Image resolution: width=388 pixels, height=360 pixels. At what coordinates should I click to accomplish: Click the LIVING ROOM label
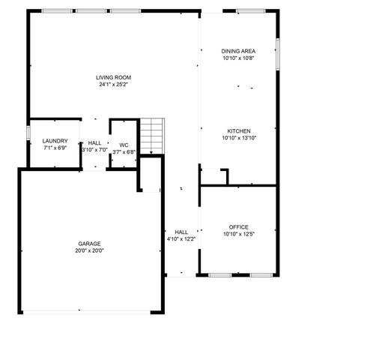(x=114, y=77)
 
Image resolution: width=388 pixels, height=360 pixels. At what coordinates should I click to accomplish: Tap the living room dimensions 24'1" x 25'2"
(x=114, y=84)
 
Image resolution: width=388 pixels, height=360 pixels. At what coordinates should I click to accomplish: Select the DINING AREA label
(x=238, y=50)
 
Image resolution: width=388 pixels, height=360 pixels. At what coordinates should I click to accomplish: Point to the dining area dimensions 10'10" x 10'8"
(x=238, y=58)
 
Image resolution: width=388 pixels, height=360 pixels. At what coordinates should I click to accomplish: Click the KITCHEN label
(x=238, y=130)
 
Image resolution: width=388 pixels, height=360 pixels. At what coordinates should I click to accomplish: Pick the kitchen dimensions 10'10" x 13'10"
(x=238, y=138)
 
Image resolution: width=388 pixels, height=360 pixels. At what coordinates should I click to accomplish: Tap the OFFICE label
(x=238, y=226)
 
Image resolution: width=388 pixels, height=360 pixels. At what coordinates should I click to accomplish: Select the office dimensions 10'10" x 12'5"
(x=238, y=234)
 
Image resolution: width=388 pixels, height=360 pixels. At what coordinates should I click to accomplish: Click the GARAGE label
(x=89, y=243)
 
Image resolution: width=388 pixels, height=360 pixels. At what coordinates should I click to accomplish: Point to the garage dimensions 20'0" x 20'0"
(x=89, y=250)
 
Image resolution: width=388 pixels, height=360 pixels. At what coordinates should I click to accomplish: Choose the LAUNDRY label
(x=55, y=141)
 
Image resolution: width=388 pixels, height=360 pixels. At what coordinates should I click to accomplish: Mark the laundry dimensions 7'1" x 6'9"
(x=55, y=148)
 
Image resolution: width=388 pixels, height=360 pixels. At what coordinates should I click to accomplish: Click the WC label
(x=124, y=145)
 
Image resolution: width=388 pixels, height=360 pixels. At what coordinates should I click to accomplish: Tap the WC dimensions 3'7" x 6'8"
(x=124, y=151)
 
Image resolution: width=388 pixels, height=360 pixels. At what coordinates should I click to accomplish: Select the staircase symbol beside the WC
(x=152, y=136)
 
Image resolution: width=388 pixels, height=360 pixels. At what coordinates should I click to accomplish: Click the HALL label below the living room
(x=181, y=232)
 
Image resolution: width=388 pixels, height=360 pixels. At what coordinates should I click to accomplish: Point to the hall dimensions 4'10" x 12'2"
(x=181, y=239)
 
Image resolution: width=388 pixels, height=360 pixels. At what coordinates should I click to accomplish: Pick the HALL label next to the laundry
(x=94, y=142)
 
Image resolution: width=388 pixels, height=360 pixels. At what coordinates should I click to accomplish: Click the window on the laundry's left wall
(x=28, y=132)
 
